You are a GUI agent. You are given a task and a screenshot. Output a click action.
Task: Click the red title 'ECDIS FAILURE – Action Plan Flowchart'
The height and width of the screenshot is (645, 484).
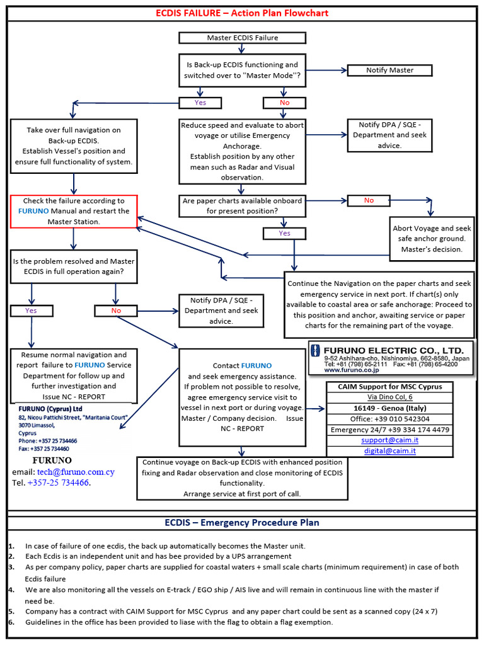[x=242, y=13]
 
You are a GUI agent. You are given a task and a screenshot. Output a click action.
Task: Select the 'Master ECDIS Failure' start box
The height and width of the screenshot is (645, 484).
[x=242, y=38]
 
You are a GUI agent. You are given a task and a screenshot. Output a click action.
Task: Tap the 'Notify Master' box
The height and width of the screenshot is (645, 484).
[x=389, y=71]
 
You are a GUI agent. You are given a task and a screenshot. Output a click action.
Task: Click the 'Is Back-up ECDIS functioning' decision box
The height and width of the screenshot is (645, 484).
[x=242, y=70]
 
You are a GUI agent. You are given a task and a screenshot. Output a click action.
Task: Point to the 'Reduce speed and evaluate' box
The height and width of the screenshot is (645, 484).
[x=242, y=151]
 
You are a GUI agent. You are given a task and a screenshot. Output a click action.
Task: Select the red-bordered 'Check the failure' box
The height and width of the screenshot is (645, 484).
[x=74, y=211]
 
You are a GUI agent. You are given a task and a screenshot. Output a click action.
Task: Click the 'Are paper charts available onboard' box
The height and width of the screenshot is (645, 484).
[x=242, y=206]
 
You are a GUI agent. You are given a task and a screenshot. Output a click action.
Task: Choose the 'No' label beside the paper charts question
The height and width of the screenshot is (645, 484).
[x=369, y=200]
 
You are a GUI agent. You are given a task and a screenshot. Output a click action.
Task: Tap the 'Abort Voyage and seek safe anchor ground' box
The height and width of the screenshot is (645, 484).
[x=431, y=239]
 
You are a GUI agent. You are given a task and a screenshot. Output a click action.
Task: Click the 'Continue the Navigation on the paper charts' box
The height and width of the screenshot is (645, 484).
[x=379, y=305]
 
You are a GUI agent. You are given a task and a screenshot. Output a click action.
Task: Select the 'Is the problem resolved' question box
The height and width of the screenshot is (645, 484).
[x=74, y=266]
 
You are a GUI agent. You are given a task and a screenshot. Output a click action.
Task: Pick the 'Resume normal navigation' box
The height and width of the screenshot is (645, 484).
[x=74, y=375]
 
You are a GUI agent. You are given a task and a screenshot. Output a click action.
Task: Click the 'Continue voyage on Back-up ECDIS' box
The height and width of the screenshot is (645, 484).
[x=241, y=478]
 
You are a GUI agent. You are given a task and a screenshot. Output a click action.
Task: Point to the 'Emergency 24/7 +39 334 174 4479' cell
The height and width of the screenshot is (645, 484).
[x=389, y=430]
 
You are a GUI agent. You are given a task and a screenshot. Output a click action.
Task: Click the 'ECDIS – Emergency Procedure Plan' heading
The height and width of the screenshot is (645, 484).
[x=242, y=522]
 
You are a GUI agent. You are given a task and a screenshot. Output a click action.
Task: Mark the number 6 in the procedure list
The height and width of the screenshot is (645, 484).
[x=11, y=622]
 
